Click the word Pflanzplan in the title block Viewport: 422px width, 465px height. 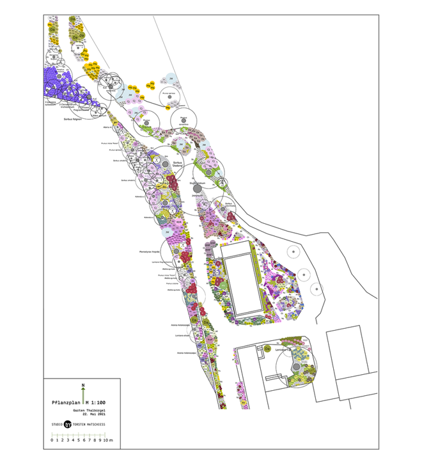[65, 403]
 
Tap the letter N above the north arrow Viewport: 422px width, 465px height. [83, 384]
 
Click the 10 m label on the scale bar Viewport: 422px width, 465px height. [108, 441]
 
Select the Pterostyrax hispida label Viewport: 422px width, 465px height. [148, 252]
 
